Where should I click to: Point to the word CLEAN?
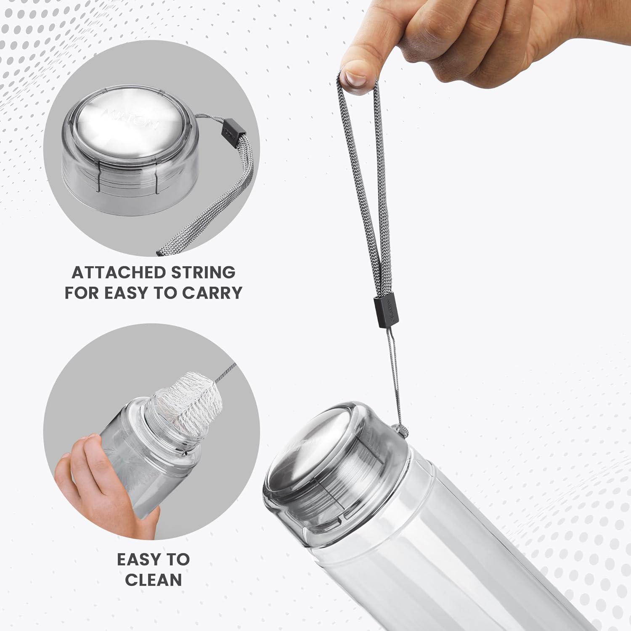pos(154,580)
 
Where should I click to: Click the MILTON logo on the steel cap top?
pos(130,119)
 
